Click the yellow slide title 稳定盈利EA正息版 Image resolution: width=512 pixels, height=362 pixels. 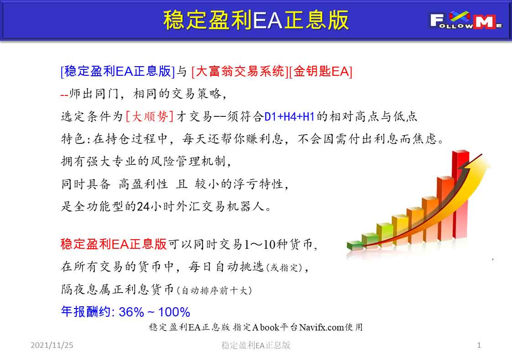pos(256,20)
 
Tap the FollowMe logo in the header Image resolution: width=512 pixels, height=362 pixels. pos(466,20)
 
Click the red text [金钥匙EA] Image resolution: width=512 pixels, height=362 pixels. pos(321,71)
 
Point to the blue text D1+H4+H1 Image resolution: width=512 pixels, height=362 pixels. pos(289,117)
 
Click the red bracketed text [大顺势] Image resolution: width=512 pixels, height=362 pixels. pos(150,116)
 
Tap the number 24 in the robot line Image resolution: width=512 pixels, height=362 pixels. pos(143,206)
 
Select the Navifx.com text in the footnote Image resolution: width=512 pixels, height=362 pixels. pos(321,327)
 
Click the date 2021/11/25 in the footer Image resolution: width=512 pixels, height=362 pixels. pos(52,345)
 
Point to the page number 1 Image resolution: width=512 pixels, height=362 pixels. pos(479,345)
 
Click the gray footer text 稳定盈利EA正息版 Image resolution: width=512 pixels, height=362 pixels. pos(256,345)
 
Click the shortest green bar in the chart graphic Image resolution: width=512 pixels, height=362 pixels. pos(355,246)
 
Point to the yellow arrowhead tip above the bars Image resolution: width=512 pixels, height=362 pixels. pos(483,154)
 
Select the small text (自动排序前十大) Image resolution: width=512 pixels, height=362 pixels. pos(214,290)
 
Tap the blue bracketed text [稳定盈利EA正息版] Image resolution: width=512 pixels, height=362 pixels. pos(118,71)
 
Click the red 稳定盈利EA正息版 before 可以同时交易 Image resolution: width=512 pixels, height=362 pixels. pos(114,244)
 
